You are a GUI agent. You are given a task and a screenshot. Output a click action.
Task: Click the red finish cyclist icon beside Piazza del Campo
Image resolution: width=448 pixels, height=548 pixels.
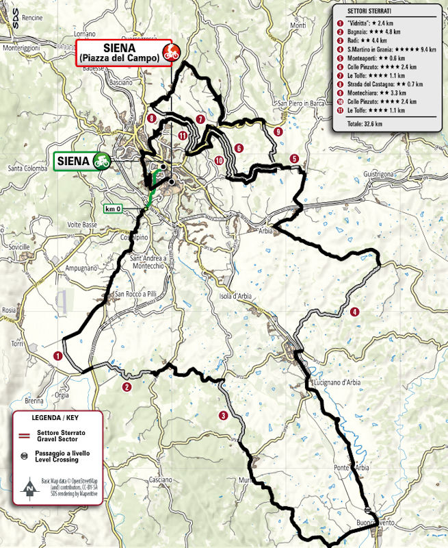tap(171, 51)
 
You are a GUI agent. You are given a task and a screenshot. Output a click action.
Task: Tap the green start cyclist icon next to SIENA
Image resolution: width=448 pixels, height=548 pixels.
tap(103, 161)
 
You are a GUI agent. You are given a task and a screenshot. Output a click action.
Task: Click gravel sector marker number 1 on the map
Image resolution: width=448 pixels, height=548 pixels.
tap(57, 356)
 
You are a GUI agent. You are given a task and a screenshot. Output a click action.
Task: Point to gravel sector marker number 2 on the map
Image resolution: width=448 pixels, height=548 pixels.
tap(126, 387)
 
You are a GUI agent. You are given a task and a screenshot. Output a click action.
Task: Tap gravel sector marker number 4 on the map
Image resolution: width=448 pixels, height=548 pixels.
tap(354, 312)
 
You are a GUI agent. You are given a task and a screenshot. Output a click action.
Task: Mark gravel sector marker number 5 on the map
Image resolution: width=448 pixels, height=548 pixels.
tap(293, 159)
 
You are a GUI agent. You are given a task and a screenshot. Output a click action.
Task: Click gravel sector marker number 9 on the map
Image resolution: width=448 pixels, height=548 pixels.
tap(278, 132)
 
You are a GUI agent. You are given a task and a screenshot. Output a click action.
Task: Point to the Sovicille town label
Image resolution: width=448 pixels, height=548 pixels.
tap(16, 245)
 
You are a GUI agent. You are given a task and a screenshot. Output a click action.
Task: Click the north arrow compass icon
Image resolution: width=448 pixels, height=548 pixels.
tap(29, 488)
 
